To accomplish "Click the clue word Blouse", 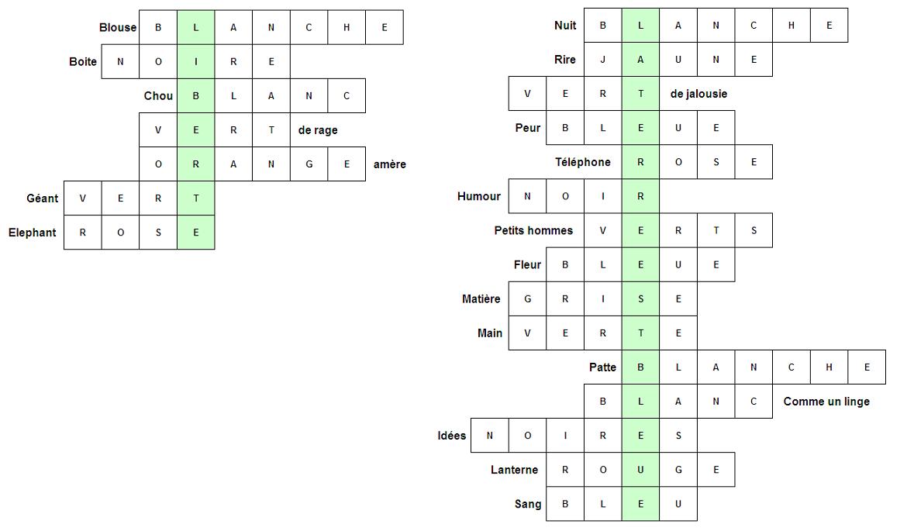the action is [117, 27].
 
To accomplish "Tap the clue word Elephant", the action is [33, 233].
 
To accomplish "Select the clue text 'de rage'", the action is [318, 130].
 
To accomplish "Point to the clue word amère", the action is [389, 164].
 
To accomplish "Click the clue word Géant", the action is [42, 198].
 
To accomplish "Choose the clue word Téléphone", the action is [582, 162].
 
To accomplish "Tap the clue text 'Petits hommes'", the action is [533, 230].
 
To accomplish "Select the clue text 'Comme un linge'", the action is [826, 402].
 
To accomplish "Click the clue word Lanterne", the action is [514, 470].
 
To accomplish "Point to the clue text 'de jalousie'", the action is [698, 94].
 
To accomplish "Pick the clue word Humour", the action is [479, 196].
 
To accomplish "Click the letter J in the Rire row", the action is [603, 60].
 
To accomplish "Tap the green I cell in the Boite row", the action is [196, 62].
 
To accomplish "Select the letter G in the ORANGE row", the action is [309, 164].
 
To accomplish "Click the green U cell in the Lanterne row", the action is [640, 470].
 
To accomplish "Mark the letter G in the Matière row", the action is [528, 299].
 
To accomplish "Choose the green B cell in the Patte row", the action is [640, 367].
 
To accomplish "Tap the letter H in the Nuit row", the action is [791, 26].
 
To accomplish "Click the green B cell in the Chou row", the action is [196, 96].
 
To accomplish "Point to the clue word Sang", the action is [528, 504].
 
